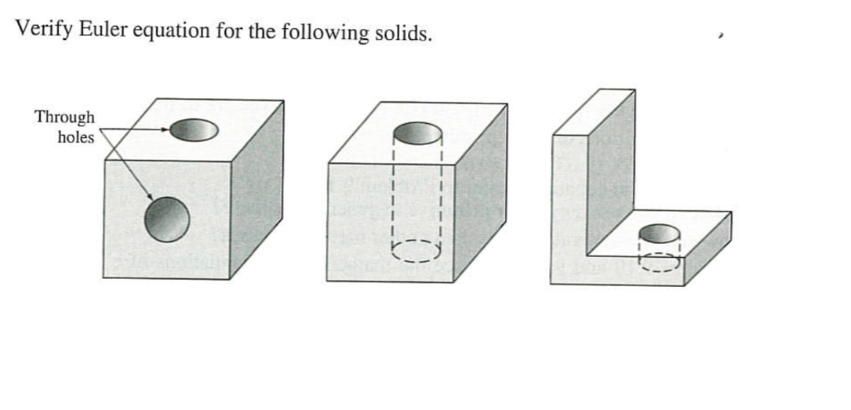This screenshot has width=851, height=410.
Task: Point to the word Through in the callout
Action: coord(65,117)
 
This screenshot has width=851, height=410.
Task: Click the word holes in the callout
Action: coord(76,137)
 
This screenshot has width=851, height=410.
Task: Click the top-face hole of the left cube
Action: coord(194,130)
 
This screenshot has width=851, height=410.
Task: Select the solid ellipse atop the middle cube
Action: coord(416,133)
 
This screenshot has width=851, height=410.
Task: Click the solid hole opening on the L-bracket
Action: coord(659,235)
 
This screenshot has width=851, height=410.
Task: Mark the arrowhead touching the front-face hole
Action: coord(150,198)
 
